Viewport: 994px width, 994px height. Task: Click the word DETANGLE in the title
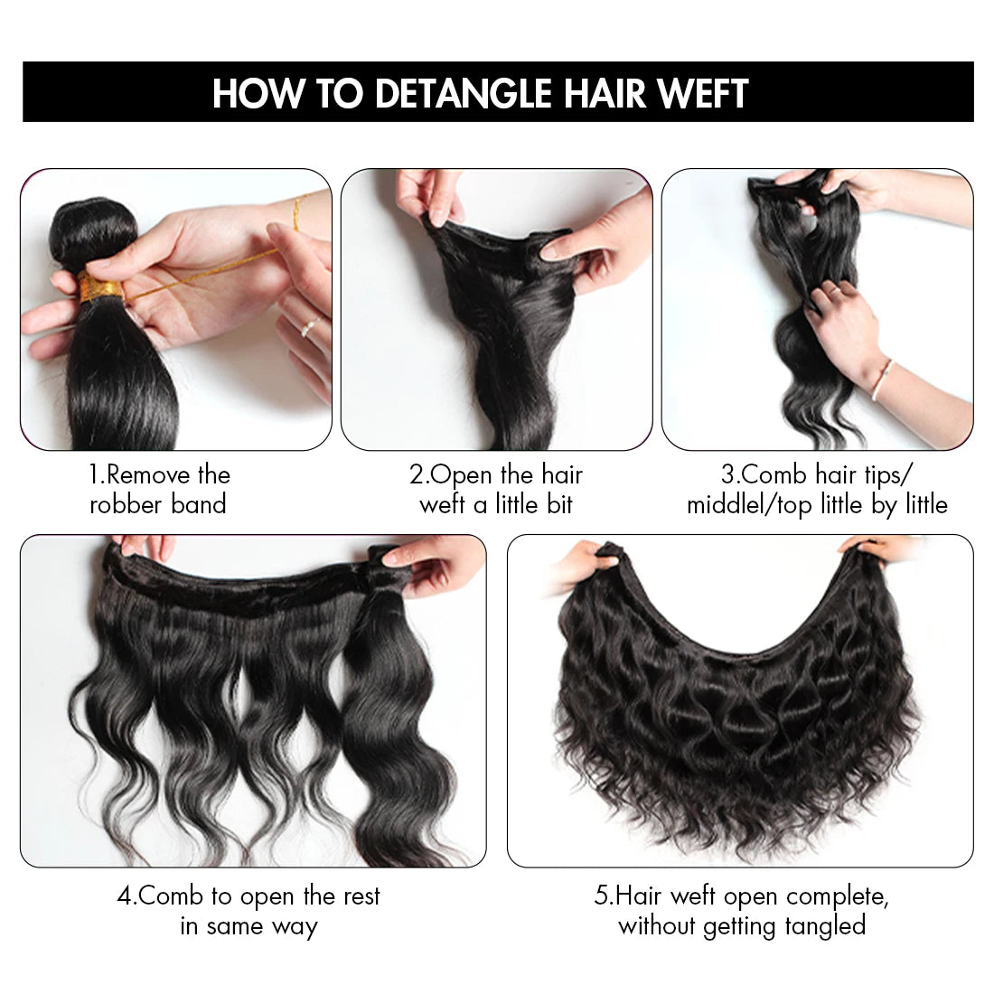(x=464, y=94)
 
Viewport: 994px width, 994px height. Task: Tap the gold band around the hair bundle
(x=100, y=289)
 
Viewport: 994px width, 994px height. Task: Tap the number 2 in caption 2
(x=417, y=475)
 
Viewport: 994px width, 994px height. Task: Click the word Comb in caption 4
(x=172, y=896)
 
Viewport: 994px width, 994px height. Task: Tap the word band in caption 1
(x=199, y=504)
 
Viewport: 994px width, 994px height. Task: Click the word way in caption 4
(x=294, y=926)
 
